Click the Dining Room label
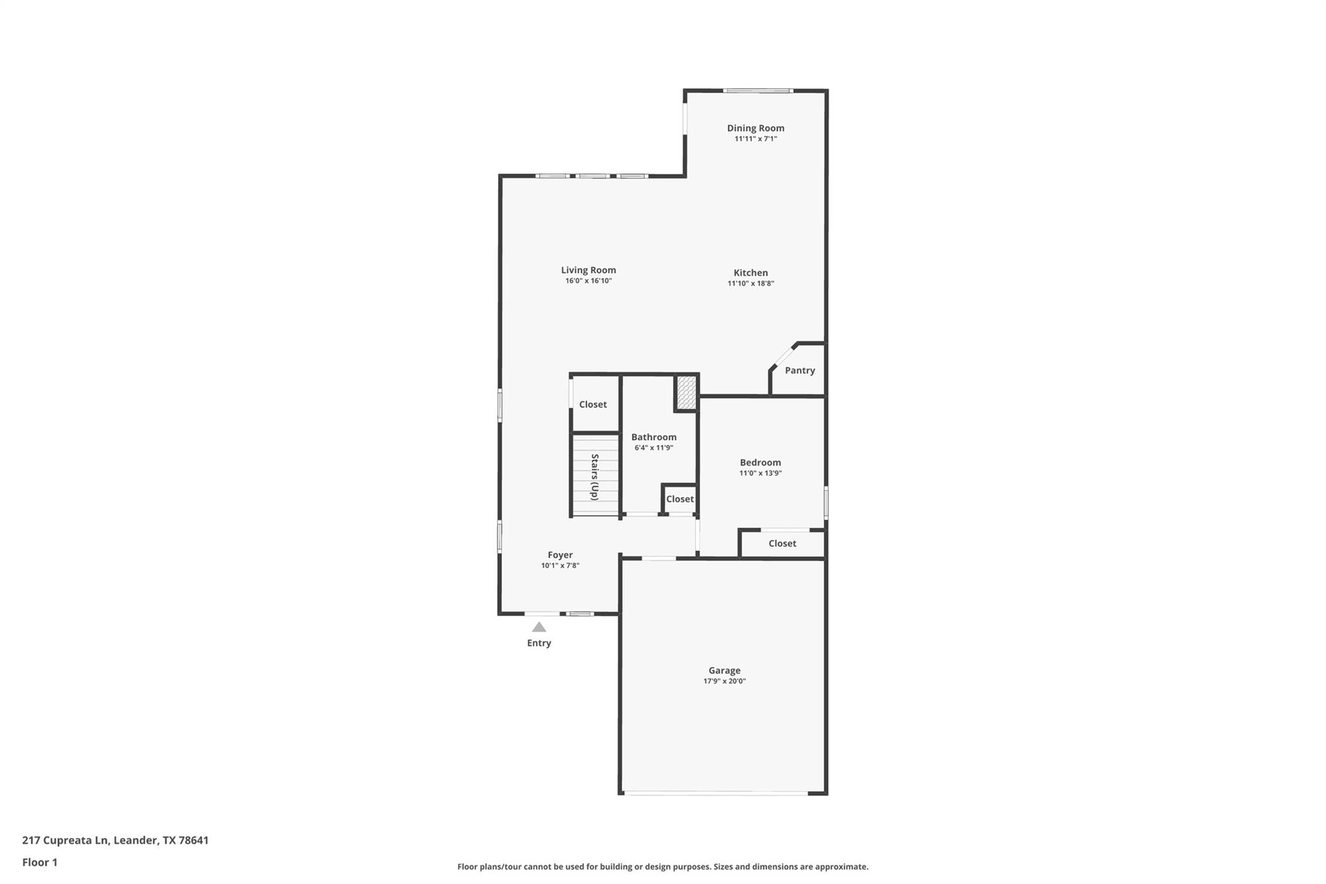(x=755, y=128)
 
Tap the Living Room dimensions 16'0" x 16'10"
(x=588, y=281)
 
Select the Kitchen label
(x=750, y=273)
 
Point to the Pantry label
(x=800, y=370)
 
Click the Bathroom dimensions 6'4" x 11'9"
(x=653, y=448)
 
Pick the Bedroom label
(x=760, y=462)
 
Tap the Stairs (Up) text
(x=594, y=477)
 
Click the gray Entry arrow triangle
(x=539, y=627)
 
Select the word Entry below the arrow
(x=539, y=643)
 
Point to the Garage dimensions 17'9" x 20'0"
(x=724, y=681)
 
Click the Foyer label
(x=560, y=555)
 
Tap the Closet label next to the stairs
(x=592, y=405)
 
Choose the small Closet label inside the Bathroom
(x=680, y=499)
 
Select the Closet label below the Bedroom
(x=782, y=543)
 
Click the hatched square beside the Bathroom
(x=686, y=392)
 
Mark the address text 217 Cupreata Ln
(x=65, y=841)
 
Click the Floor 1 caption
(x=39, y=863)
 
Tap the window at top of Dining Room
(x=758, y=91)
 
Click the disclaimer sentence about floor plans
(x=662, y=867)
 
